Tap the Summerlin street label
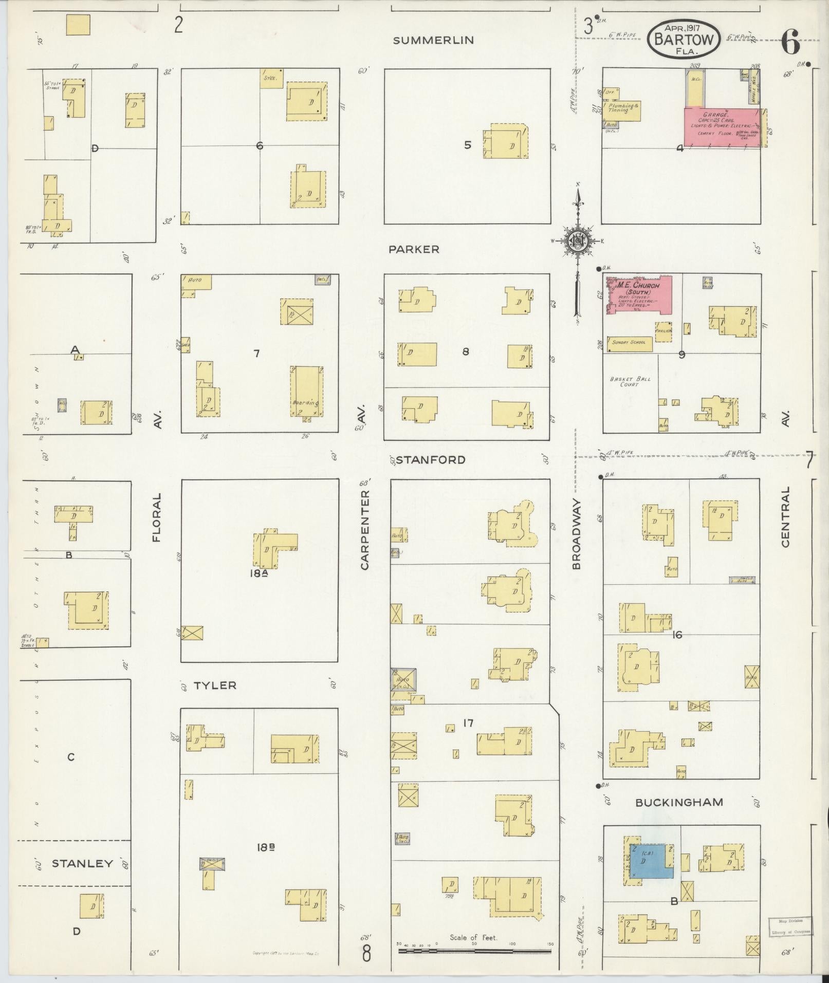tap(433, 41)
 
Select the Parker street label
tap(414, 249)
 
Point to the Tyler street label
tap(215, 685)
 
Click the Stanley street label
tap(82, 863)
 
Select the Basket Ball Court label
tap(630, 382)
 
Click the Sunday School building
tap(629, 344)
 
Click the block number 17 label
tap(467, 723)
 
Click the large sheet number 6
tap(790, 42)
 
